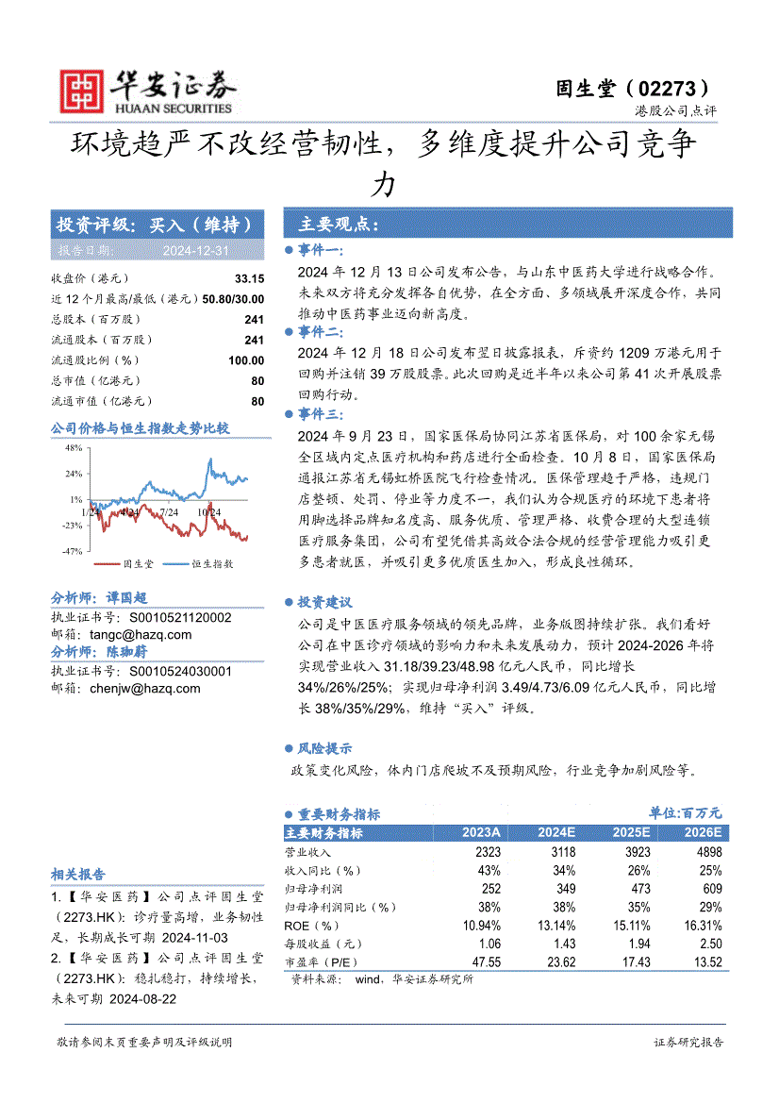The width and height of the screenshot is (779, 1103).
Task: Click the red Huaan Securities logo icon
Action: [81, 92]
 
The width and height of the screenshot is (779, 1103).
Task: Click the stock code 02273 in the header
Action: [670, 89]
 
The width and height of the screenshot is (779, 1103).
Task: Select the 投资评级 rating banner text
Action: [155, 225]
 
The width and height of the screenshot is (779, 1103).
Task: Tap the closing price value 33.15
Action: [250, 278]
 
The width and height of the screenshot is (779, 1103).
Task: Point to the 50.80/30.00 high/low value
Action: [233, 299]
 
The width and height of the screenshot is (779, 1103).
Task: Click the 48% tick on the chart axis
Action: [74, 448]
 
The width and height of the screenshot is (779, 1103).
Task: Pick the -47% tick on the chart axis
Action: [72, 550]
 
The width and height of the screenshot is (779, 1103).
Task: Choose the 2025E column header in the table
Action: [630, 833]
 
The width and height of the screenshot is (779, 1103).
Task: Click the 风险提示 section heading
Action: [325, 748]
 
